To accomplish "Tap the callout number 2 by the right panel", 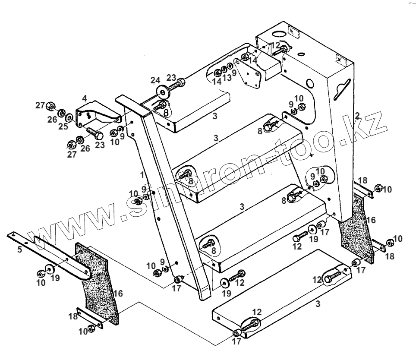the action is pyautogui.click(x=357, y=115).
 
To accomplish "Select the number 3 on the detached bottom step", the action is pyautogui.click(x=317, y=304).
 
